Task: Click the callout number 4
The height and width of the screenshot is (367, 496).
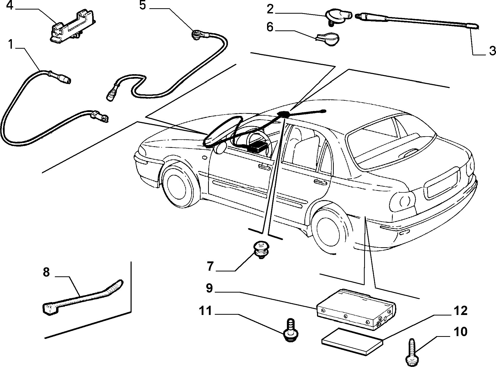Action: click(10, 5)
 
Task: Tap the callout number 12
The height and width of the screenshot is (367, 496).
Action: click(460, 311)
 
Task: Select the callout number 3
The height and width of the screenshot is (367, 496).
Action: click(492, 51)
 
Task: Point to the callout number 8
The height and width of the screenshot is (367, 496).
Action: click(46, 272)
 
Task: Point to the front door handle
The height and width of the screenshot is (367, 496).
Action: click(265, 167)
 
